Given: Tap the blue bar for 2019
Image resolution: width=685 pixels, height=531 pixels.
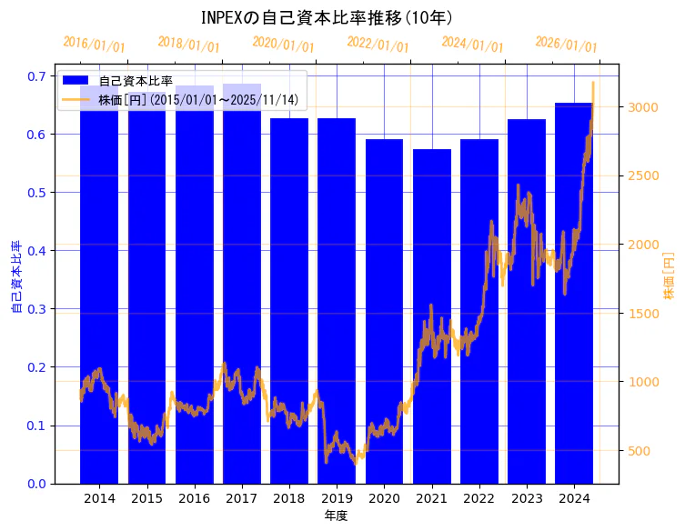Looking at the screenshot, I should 337,300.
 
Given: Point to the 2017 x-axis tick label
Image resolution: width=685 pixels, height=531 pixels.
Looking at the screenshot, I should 242,498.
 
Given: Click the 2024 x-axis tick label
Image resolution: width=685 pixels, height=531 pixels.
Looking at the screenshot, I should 574,498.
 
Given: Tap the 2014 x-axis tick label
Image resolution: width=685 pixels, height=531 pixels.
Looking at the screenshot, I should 99,498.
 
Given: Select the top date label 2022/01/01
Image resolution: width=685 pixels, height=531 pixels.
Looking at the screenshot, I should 378,45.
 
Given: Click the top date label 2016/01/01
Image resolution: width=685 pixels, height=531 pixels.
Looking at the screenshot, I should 94,45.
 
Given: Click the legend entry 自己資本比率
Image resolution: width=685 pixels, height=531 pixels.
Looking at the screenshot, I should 136,81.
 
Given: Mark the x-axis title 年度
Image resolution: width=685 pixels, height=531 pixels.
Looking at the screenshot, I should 336,516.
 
